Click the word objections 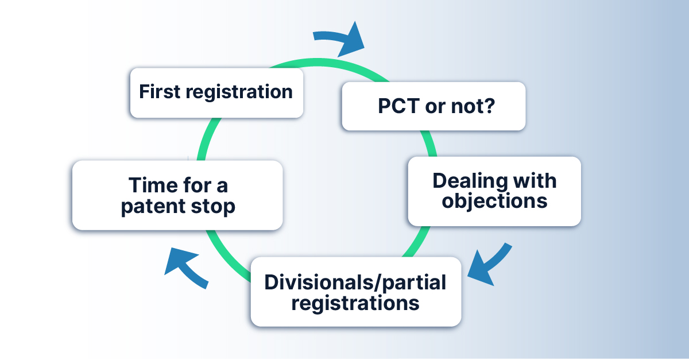coord(494,201)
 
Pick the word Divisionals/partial coord(355,282)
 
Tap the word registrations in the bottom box coord(355,303)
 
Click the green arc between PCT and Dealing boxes coord(429,144)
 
